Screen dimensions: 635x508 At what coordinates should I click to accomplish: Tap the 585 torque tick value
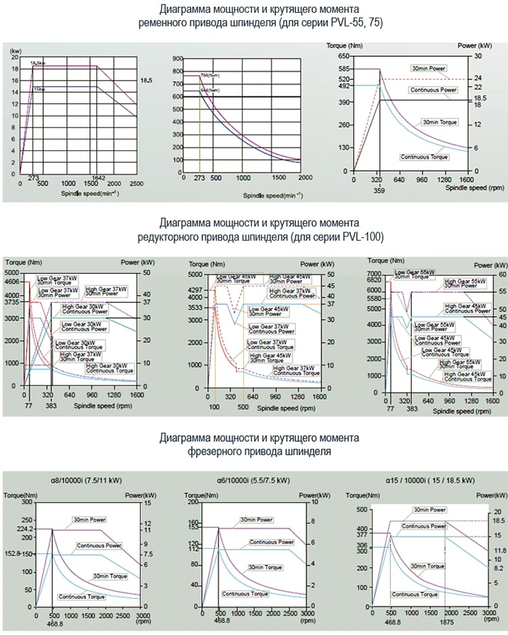point(343,69)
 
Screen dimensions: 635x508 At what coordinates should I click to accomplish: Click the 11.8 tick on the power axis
point(500,550)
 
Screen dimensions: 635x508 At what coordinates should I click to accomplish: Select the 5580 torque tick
point(374,300)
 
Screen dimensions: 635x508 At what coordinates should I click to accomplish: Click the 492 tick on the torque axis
point(343,86)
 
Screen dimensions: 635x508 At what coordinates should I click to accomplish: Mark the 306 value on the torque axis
point(361,546)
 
